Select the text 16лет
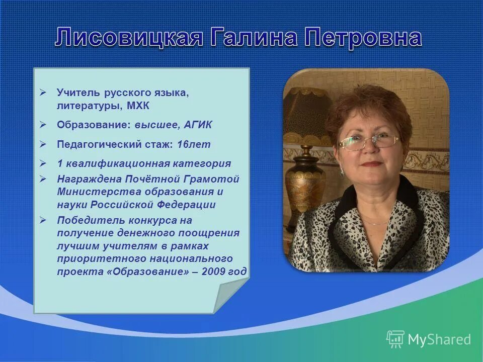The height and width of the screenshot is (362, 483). [194, 145]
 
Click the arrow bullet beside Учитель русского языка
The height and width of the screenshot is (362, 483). [43, 93]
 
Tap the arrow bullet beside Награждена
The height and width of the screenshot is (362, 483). [43, 178]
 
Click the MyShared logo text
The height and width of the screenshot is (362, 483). [439, 339]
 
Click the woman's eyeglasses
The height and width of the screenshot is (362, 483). [368, 141]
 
